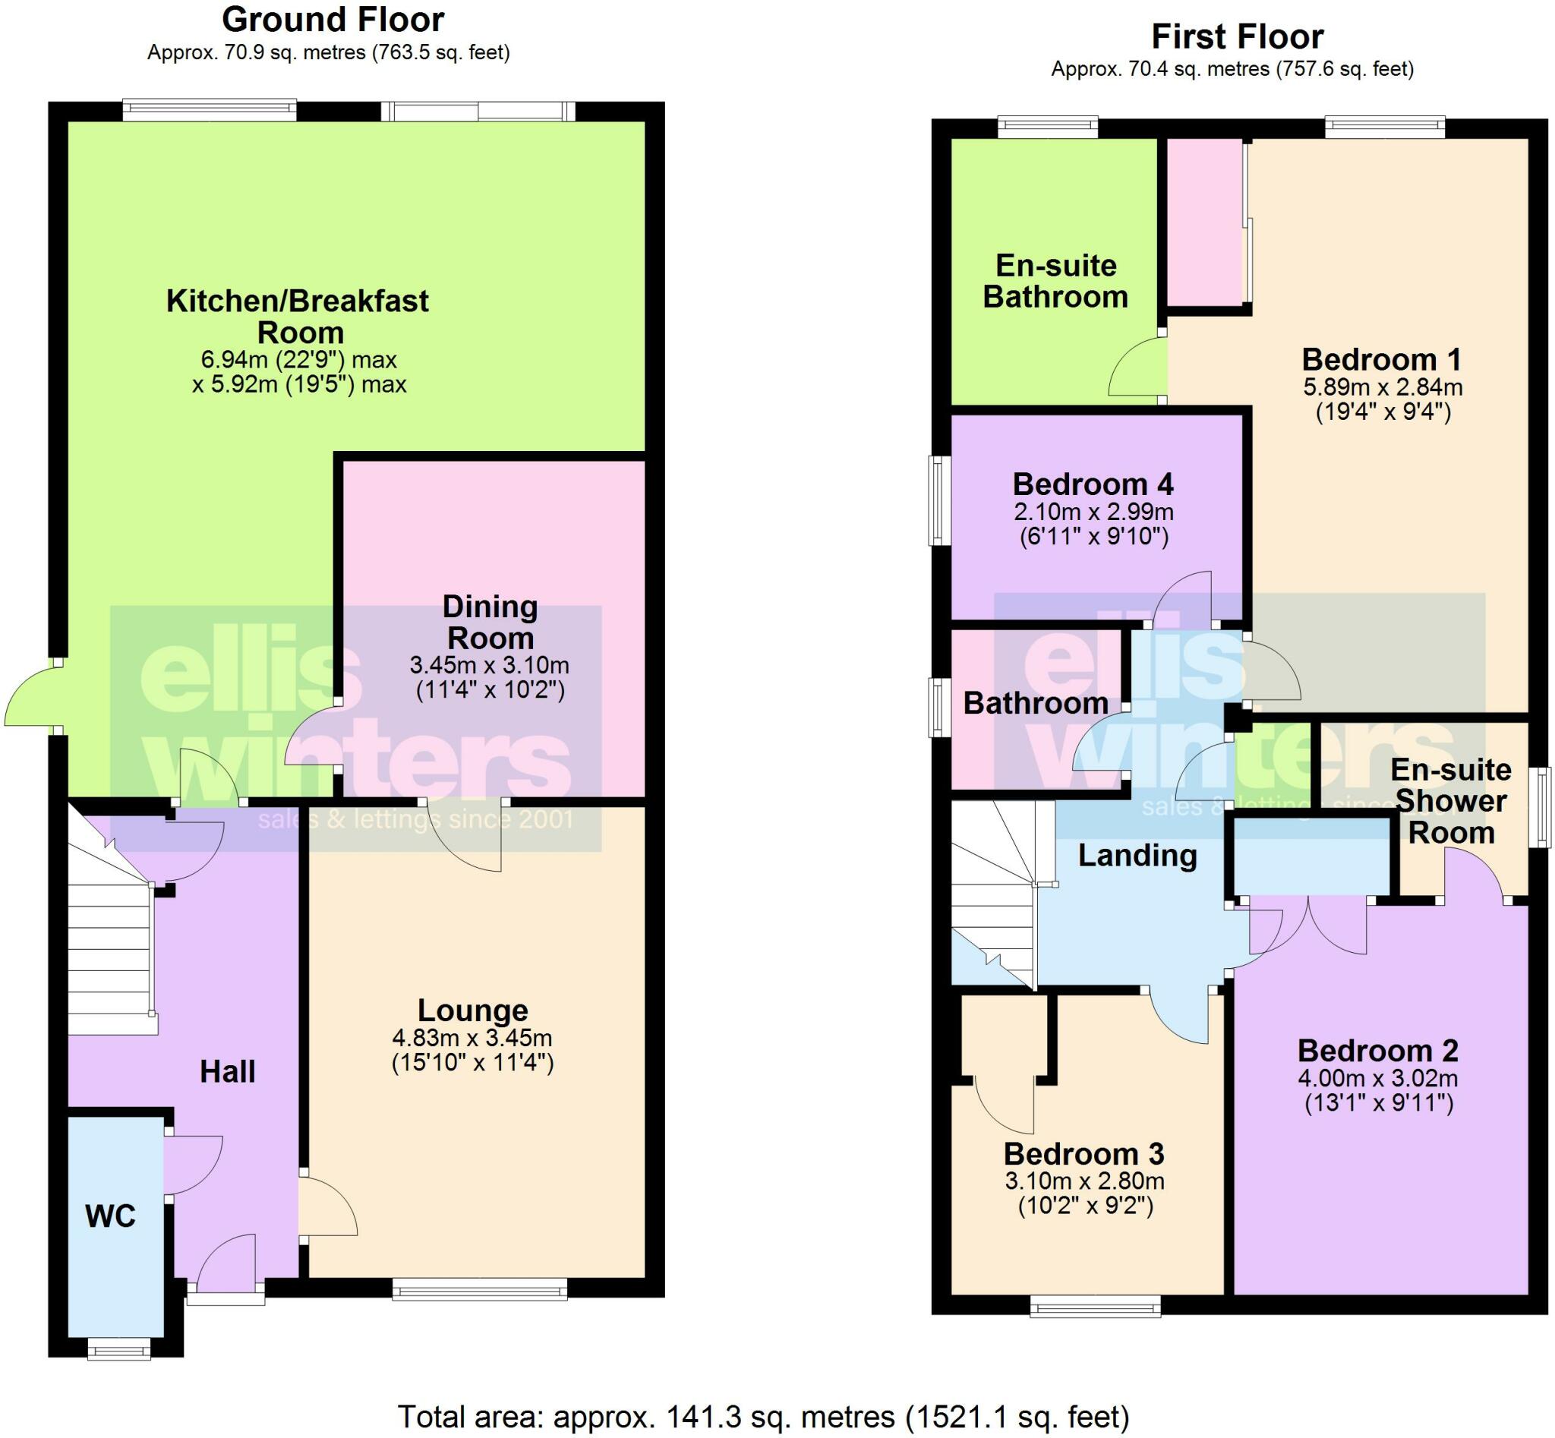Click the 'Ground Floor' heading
[333, 20]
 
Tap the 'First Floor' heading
[1237, 36]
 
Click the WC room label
[111, 1216]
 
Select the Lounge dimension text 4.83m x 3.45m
[472, 1037]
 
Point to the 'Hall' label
[227, 1071]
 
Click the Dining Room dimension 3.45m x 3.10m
[490, 665]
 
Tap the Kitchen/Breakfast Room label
[298, 316]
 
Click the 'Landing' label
[1137, 855]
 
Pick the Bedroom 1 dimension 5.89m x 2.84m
[1382, 386]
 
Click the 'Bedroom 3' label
[1083, 1153]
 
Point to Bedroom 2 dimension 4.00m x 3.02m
[1377, 1078]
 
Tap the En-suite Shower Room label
[1451, 801]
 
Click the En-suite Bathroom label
[1055, 281]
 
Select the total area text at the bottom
[763, 1417]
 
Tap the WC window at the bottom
[118, 1348]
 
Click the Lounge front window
[479, 1292]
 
